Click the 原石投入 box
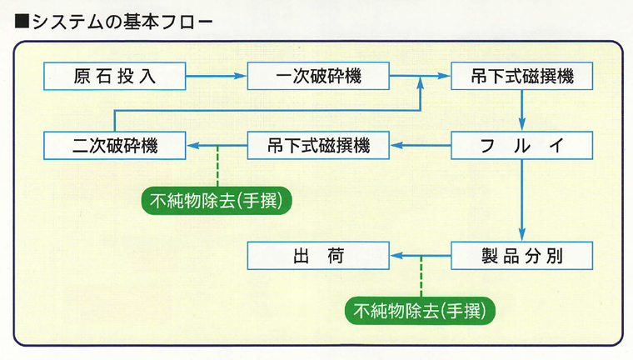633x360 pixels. coord(114,77)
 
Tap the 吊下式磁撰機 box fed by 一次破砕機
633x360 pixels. coord(522,77)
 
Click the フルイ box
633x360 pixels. coord(522,147)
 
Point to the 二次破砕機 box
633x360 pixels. coord(114,147)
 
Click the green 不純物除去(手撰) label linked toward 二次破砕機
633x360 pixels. coord(218,200)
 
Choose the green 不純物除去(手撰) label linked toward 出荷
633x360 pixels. coord(421,310)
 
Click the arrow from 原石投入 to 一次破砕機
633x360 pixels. coord(216,77)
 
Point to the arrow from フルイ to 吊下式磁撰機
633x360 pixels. coord(421,147)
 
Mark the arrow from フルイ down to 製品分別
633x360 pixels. coord(522,200)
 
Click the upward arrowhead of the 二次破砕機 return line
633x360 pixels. coord(421,84)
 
